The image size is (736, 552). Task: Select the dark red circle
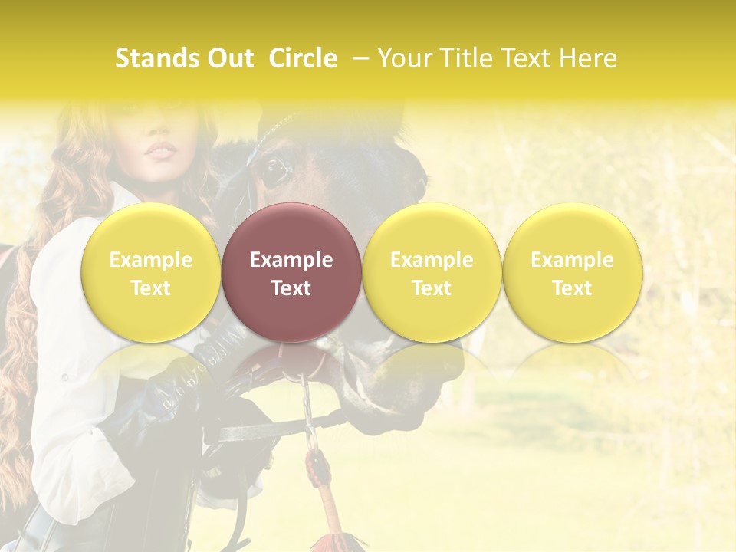pyautogui.click(x=291, y=272)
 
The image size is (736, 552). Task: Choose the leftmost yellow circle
pyautogui.click(x=151, y=272)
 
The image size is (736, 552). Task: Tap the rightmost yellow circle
pyautogui.click(x=572, y=272)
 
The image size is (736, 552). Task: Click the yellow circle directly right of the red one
pyautogui.click(x=432, y=272)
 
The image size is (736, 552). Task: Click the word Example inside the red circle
pyautogui.click(x=291, y=260)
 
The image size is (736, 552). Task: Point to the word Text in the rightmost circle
pyautogui.click(x=572, y=288)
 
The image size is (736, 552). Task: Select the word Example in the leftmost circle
pyautogui.click(x=151, y=260)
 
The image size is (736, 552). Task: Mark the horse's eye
pyautogui.click(x=273, y=170)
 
